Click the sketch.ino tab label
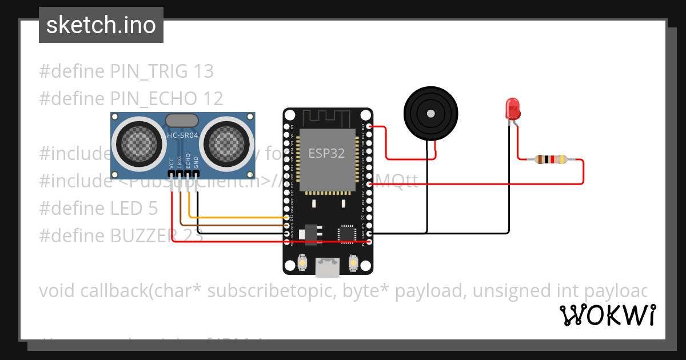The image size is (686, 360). [101, 25]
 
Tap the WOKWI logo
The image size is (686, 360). [607, 315]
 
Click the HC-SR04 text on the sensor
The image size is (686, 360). [182, 135]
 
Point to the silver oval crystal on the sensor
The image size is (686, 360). [182, 120]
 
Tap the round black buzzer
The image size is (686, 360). [431, 112]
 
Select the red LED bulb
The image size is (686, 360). [512, 107]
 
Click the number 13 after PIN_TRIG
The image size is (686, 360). [204, 71]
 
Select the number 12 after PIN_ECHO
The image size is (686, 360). [213, 98]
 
